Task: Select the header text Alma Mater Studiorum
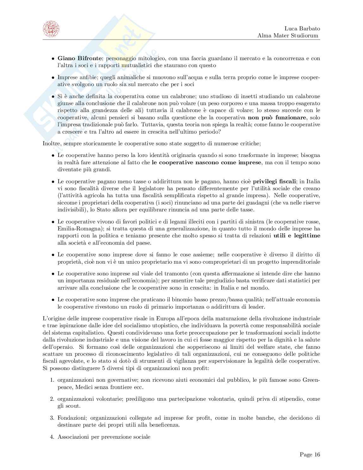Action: click(x=288, y=35)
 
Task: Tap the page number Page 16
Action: click(x=310, y=454)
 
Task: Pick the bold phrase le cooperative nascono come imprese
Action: click(x=206, y=163)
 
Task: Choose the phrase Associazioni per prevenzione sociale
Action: click(x=104, y=437)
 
